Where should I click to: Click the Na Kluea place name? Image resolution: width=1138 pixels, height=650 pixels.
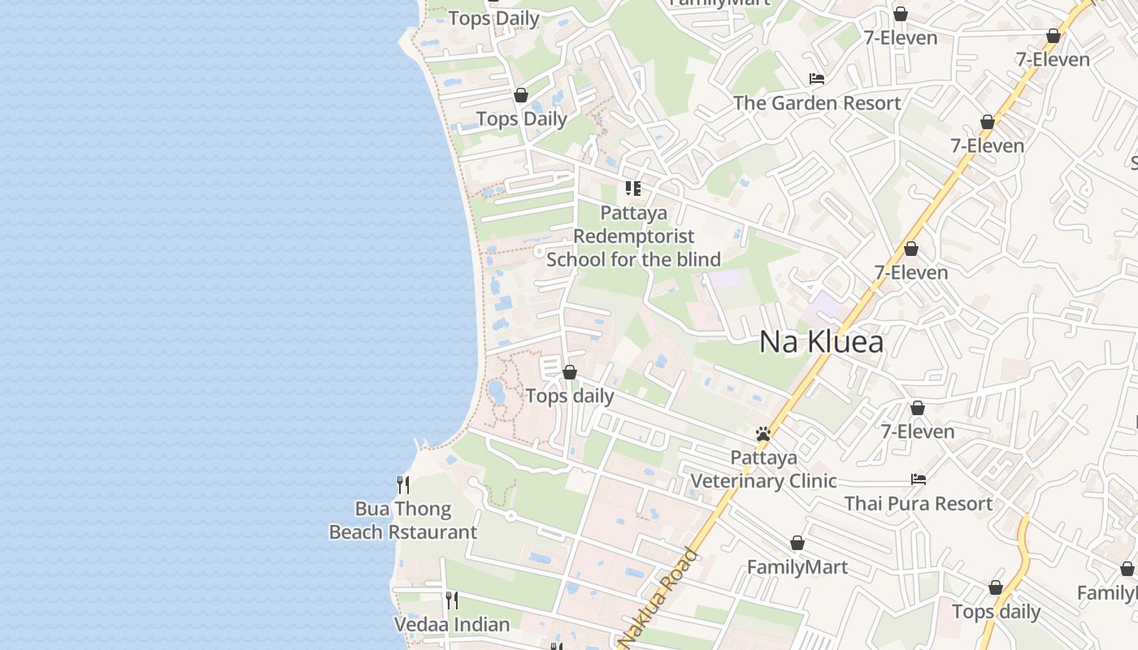(821, 342)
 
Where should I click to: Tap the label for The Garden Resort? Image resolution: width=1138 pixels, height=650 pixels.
(817, 103)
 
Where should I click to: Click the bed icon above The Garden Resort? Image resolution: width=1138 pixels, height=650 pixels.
(817, 79)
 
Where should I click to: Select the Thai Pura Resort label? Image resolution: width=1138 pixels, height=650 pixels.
(918, 504)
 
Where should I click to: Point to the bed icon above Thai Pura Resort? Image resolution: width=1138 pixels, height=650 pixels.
(919, 479)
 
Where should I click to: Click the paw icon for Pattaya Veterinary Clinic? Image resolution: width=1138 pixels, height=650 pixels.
(762, 434)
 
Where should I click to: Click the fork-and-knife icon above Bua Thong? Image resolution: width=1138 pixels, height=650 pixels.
(402, 484)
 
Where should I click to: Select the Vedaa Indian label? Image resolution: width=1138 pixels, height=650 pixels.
(452, 625)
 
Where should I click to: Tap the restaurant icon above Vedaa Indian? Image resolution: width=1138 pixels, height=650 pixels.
(452, 600)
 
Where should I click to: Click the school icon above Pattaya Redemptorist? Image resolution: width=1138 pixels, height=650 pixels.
(633, 188)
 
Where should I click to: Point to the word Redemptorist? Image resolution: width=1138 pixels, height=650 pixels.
(634, 236)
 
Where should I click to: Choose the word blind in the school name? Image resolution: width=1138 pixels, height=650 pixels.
(699, 260)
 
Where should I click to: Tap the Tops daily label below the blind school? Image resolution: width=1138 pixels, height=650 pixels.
(569, 396)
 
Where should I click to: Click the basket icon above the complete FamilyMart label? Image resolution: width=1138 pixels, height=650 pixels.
(797, 543)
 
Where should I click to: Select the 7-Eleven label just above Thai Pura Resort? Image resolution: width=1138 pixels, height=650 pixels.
(918, 431)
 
